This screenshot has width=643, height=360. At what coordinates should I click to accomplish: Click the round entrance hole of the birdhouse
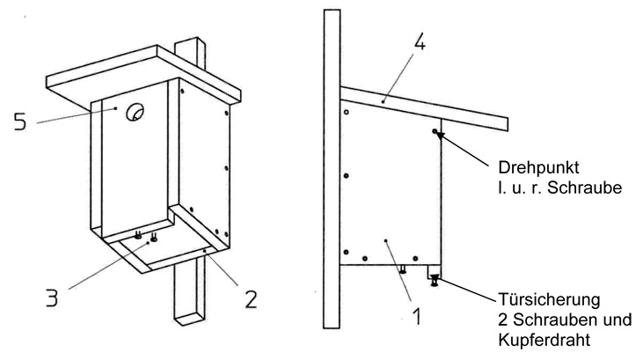point(136,112)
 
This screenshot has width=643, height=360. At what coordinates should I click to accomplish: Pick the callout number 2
point(250,299)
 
